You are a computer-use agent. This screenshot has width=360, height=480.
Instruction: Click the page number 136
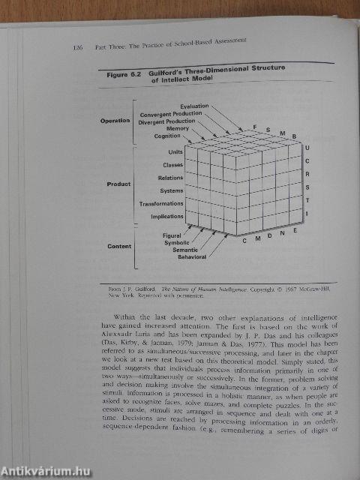pyautogui.click(x=77, y=49)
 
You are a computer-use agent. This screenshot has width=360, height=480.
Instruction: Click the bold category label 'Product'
pyautogui.click(x=119, y=184)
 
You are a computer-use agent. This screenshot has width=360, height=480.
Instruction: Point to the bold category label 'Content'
pyautogui.click(x=119, y=246)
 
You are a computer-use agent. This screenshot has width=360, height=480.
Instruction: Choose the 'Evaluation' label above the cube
pyautogui.click(x=196, y=107)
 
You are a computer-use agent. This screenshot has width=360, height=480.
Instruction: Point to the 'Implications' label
pyautogui.click(x=166, y=216)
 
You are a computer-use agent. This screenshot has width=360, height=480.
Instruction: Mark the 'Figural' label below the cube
pyautogui.click(x=172, y=235)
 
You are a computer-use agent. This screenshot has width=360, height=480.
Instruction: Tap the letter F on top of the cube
pyautogui.click(x=254, y=127)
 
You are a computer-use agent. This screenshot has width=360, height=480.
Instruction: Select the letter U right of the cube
pyautogui.click(x=306, y=148)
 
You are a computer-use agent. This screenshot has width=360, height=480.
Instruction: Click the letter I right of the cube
pyautogui.click(x=306, y=214)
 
